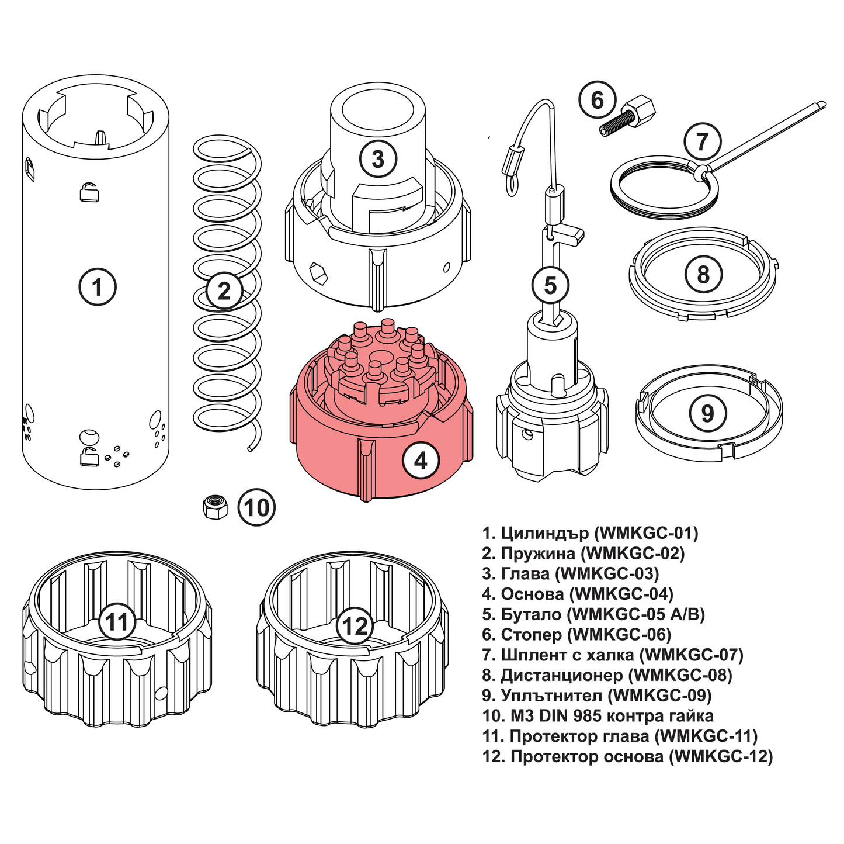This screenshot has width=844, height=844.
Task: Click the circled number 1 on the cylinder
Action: tap(97, 287)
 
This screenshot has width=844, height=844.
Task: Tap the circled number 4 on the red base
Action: tap(421, 461)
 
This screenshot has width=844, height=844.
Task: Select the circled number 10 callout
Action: tap(256, 507)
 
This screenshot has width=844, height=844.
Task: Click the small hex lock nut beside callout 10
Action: tap(215, 506)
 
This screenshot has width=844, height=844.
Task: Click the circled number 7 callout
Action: tap(701, 141)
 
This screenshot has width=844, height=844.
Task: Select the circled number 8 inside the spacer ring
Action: tap(703, 274)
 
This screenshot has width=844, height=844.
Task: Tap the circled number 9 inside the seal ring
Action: tap(707, 414)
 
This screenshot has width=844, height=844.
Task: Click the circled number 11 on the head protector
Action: tap(117, 621)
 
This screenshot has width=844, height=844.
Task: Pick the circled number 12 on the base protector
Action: tap(355, 626)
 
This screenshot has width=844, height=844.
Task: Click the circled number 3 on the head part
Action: tap(378, 158)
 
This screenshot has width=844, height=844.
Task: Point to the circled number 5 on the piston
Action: tap(550, 286)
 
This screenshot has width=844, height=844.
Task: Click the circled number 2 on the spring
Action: tap(224, 290)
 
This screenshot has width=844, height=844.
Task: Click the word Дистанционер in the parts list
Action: tap(561, 675)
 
